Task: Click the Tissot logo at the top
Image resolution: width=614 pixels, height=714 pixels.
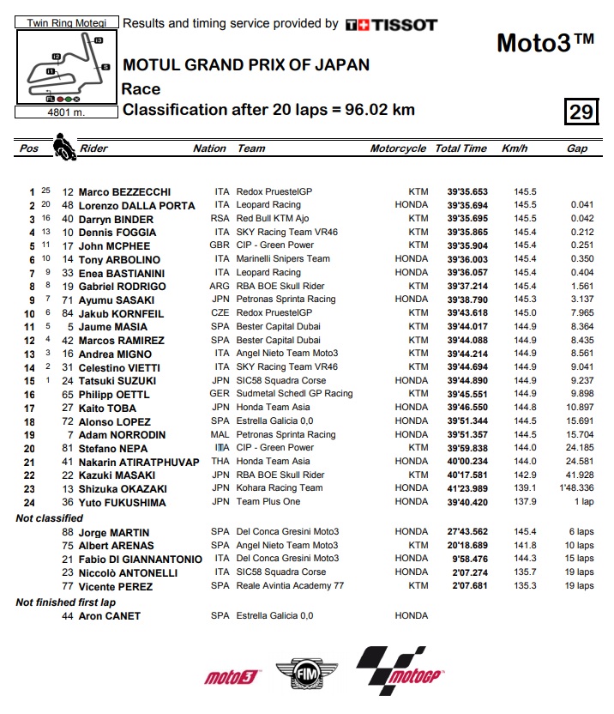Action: click(391, 25)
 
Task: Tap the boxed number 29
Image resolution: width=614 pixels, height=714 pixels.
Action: click(581, 112)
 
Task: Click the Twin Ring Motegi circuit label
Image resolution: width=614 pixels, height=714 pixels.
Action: click(67, 23)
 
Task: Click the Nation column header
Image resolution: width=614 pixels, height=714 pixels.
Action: click(209, 148)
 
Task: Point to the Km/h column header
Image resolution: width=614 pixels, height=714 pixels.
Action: click(514, 148)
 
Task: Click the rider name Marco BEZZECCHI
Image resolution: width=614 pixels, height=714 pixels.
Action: click(124, 192)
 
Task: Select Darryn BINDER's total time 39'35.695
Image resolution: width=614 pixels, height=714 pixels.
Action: click(460, 220)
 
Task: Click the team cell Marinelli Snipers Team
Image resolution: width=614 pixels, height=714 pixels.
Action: click(284, 259)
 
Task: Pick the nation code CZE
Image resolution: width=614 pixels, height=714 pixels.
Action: click(221, 313)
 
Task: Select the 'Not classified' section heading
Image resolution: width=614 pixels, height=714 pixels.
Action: click(50, 518)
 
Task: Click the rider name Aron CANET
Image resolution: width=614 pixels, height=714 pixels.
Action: click(109, 616)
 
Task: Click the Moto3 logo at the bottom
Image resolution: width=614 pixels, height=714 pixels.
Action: click(232, 677)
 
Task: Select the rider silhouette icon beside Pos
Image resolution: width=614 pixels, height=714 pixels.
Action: click(63, 147)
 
